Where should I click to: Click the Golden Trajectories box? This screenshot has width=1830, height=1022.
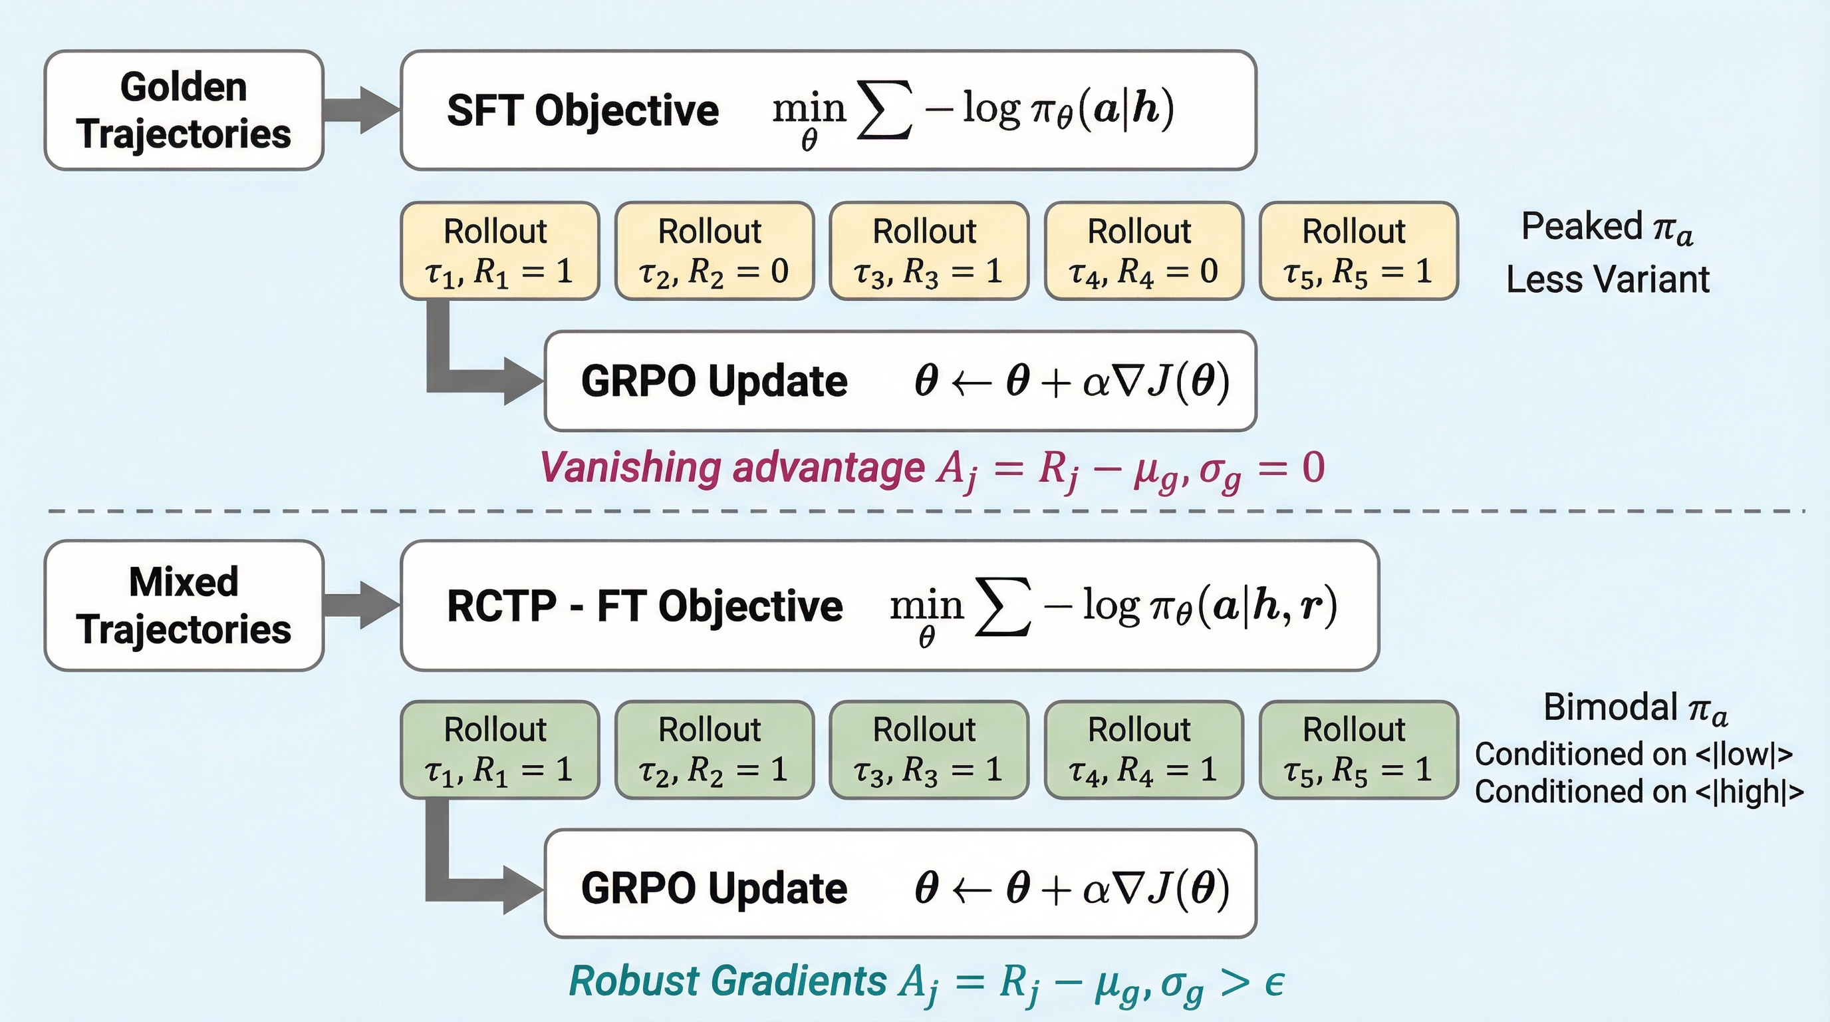coord(184,110)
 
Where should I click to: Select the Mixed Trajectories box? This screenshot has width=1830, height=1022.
coord(184,605)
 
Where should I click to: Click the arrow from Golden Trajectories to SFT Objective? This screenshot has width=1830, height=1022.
coord(362,110)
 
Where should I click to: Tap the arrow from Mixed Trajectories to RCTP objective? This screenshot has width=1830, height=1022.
coord(362,605)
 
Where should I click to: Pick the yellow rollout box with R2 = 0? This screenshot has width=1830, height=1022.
coord(714,251)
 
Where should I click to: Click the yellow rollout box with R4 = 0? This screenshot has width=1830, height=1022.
coord(1143,251)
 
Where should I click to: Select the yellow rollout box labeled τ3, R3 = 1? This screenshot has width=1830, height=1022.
coord(928,251)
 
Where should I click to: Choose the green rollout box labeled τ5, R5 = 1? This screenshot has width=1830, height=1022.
coord(1358,750)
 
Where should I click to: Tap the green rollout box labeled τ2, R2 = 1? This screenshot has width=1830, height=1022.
coord(714,750)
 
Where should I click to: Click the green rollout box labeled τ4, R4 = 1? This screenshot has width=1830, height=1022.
coord(1143,750)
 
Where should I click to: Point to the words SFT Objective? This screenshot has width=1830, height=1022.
coord(583,111)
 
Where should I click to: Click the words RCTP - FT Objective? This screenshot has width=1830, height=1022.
coord(644,606)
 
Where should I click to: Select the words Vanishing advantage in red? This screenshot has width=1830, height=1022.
coord(731,468)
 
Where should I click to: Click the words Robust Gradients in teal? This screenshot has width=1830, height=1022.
coord(727,981)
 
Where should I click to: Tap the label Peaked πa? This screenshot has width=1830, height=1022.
coord(1607,228)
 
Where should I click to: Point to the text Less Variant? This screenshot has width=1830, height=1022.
coord(1607,279)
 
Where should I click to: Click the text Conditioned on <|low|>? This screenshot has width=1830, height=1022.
coord(1633,754)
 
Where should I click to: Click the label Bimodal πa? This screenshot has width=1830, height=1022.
coord(1634,709)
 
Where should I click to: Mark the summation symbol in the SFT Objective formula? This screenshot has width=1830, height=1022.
coord(884,110)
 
